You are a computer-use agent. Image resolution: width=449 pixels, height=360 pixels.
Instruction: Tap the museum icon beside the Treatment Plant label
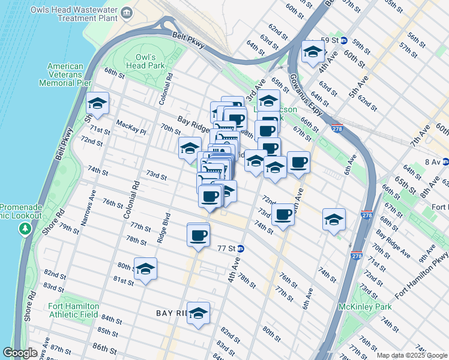click(x=127, y=13)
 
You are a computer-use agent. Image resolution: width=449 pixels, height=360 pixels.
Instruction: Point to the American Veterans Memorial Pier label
click(x=65, y=74)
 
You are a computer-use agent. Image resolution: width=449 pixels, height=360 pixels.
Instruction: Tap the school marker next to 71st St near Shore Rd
click(x=98, y=104)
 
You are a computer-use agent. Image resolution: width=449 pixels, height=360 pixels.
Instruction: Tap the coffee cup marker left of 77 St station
click(x=198, y=235)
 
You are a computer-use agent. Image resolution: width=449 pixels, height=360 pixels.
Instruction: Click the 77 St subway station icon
click(x=240, y=248)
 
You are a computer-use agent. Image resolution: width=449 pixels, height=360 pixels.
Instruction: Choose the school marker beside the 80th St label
click(x=145, y=270)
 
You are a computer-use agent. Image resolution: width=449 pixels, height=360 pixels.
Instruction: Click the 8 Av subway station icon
click(x=445, y=161)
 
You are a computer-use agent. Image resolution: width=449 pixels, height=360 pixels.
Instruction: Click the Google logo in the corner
click(x=20, y=353)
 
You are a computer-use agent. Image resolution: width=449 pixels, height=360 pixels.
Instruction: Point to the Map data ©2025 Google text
click(x=411, y=355)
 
